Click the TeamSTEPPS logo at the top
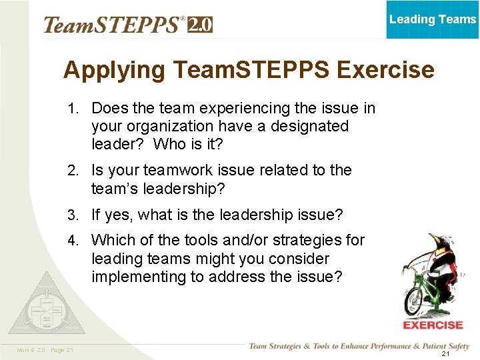click(113, 25)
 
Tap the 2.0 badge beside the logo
click(200, 25)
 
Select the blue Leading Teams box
click(433, 19)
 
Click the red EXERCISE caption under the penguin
click(433, 325)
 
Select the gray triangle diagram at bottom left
click(47, 304)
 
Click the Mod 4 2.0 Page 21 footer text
click(46, 350)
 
